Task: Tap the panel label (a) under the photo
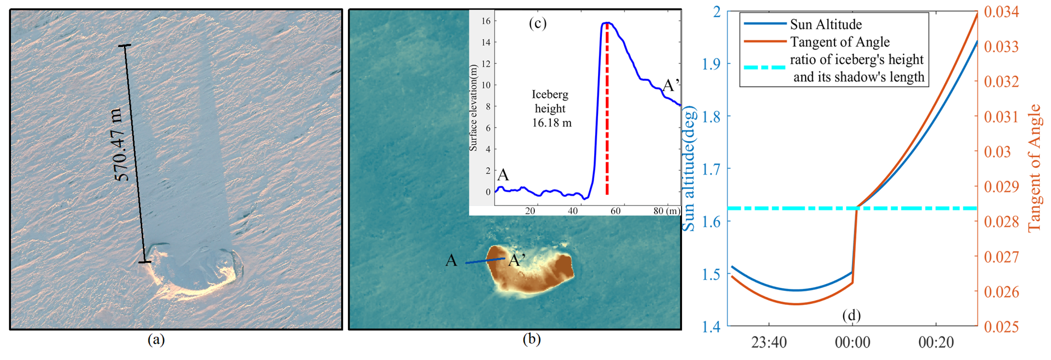click(x=156, y=340)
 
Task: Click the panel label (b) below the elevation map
click(x=532, y=340)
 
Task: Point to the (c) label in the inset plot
click(x=538, y=23)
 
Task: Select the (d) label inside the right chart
click(x=851, y=316)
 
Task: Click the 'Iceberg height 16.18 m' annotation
click(x=551, y=109)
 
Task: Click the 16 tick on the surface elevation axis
click(x=485, y=21)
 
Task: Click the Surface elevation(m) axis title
click(x=473, y=108)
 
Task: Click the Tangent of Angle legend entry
click(x=839, y=42)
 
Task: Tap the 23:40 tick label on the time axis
click(x=769, y=342)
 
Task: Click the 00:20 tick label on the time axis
click(x=936, y=342)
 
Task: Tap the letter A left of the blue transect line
click(x=451, y=260)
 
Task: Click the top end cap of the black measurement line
click(x=125, y=45)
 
